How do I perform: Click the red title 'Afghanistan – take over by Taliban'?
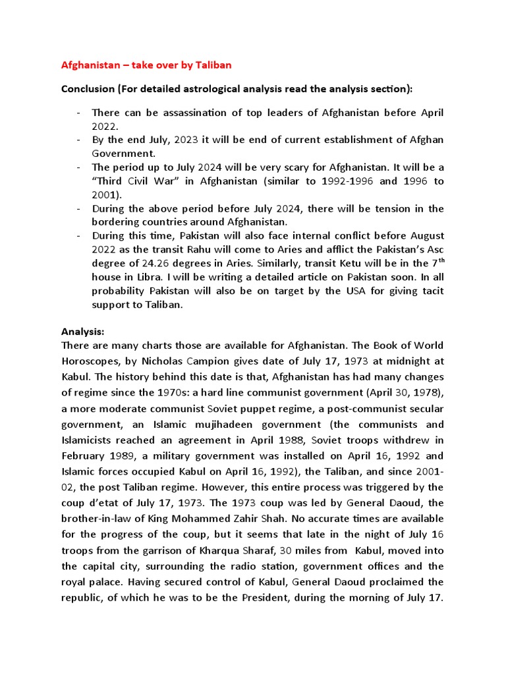tap(146, 65)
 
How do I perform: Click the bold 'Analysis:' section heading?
tap(83, 332)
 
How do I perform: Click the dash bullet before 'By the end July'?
tap(78, 140)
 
